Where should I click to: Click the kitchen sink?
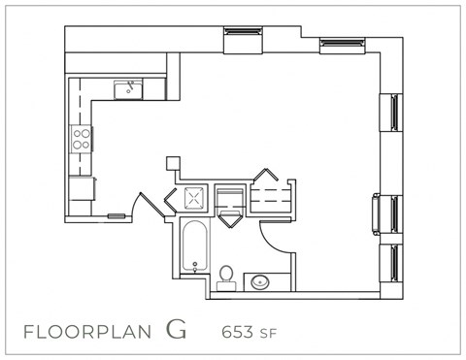(x=128, y=90)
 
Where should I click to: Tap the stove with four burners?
(x=81, y=139)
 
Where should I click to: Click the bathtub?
(x=194, y=247)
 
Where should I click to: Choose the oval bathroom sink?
(x=261, y=283)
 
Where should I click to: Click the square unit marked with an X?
(x=194, y=200)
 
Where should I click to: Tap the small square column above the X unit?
(x=173, y=164)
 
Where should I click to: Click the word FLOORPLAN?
(x=86, y=331)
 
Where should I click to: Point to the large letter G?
(x=176, y=328)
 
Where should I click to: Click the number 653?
(x=238, y=331)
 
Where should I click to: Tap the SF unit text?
(x=268, y=333)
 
